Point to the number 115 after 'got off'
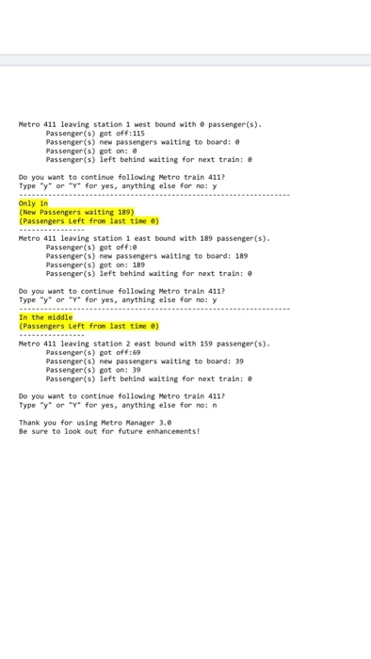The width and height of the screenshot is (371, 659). coord(111,134)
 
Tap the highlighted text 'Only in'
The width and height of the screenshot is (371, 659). coord(34,203)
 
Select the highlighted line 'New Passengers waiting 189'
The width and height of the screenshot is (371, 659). coord(78,213)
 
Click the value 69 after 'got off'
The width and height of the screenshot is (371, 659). coord(109,353)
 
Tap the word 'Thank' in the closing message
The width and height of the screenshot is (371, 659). coord(30,423)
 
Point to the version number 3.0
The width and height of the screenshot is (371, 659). coord(165,423)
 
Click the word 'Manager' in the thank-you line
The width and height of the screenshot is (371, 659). coord(137,423)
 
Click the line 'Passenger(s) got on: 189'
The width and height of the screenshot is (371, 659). coord(95,265)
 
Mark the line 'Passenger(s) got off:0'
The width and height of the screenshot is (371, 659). coord(85,248)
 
